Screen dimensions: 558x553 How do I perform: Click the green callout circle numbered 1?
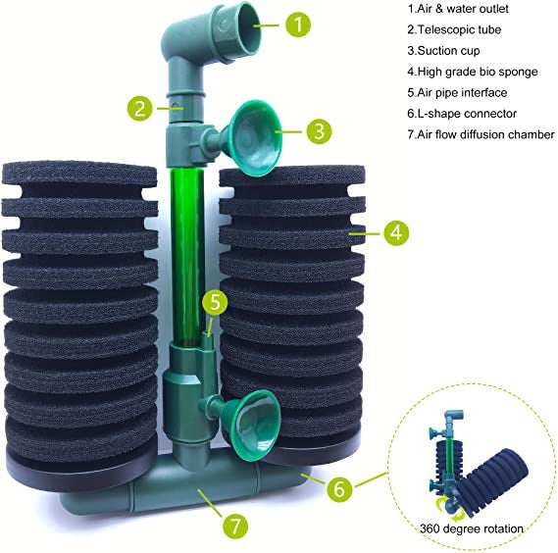click(x=298, y=25)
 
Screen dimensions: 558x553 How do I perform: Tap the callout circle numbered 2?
click(x=140, y=108)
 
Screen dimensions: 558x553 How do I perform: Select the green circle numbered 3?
click(x=319, y=131)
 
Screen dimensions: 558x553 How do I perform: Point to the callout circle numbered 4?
click(x=396, y=232)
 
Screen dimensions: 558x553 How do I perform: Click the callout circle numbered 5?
click(x=215, y=302)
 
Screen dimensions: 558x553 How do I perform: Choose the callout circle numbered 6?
click(x=339, y=488)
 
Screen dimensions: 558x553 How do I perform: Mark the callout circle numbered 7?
click(x=235, y=526)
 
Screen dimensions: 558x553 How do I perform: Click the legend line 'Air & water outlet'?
click(x=458, y=9)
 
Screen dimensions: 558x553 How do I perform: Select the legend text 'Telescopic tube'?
click(x=454, y=29)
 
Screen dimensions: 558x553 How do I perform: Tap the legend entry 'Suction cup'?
click(x=443, y=51)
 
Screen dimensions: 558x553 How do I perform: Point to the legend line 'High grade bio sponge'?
click(x=473, y=72)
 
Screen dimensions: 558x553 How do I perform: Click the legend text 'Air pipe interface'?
click(x=457, y=93)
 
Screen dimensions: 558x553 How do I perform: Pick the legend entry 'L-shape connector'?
click(x=462, y=114)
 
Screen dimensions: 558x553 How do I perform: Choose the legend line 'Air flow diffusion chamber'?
click(x=481, y=135)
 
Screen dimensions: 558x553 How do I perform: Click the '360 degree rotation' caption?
click(x=472, y=528)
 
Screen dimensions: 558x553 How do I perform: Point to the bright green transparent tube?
click(x=187, y=254)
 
